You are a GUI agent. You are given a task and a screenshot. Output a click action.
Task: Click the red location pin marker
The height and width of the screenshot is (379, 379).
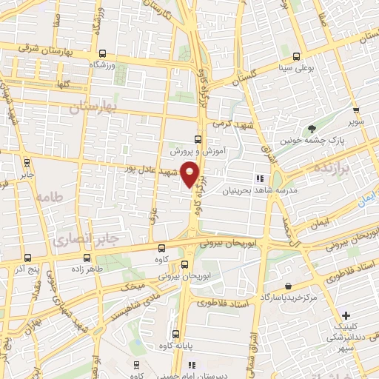pos(191,173)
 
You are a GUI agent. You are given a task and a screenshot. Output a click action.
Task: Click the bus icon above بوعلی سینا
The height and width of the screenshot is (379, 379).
pos(296,56)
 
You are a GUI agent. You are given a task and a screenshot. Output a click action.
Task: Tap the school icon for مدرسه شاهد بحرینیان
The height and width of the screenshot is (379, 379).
pos(259,178)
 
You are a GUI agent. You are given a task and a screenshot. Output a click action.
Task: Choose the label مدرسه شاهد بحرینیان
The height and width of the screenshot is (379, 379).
pos(260,190)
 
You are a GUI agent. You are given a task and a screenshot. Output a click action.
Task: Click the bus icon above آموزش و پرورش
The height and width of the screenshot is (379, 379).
pos(198,139)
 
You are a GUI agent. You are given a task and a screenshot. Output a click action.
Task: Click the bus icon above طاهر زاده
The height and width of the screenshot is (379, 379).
pos(88,258)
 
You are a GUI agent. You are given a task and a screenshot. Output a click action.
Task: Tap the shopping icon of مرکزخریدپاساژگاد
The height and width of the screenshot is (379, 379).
pos(287,286)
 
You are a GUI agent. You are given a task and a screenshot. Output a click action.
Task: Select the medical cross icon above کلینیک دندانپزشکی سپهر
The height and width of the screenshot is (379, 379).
pos(346,316)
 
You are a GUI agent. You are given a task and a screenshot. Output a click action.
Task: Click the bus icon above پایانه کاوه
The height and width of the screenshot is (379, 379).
pos(175,333)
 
